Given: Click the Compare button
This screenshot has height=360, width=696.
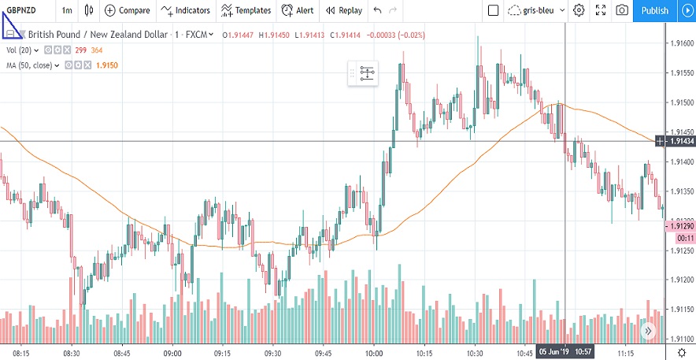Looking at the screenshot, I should point(127,10).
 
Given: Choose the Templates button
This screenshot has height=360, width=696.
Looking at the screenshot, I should point(246,10).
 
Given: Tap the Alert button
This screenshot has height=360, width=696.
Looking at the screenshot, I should point(298,10).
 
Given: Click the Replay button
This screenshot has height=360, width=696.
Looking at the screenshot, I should point(344,10).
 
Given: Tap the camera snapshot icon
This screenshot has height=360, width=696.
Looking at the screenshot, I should point(622,10).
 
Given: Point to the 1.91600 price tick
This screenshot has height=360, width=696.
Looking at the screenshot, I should point(681,43).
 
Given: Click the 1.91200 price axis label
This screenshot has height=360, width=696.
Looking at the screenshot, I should point(681,280).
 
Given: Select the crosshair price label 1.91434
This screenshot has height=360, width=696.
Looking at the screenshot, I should point(681,141).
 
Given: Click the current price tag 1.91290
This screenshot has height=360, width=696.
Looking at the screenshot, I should point(681,226).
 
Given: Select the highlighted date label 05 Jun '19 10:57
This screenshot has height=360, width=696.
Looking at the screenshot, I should point(565,351).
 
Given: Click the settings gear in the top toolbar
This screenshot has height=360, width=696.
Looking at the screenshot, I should point(579,10).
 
